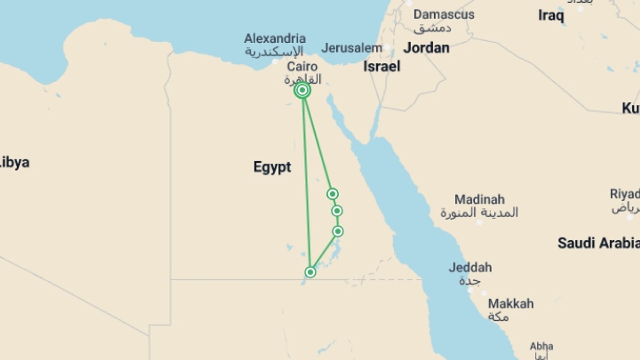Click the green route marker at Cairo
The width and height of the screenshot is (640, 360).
302,90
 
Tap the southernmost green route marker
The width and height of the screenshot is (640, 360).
310,272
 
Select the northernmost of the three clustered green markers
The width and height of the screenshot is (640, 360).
332,194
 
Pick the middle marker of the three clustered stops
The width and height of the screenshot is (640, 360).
337,211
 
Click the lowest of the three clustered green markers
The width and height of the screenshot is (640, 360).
338,231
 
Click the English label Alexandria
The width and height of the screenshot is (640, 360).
275,39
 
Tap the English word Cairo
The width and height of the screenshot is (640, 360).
302,67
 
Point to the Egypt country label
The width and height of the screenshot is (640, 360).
272,167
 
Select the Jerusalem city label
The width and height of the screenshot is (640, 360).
352,48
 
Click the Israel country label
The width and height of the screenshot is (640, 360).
382,67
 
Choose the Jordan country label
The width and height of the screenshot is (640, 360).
426,48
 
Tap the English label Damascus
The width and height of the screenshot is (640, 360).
444,15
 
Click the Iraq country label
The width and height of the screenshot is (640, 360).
551,16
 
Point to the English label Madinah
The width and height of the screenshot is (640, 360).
479,200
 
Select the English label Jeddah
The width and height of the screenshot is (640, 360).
470,267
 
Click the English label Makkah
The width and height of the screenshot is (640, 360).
511,304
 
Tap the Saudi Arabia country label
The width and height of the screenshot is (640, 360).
598,243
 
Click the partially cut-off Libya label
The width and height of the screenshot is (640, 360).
15,163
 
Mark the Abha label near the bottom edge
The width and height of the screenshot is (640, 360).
541,346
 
